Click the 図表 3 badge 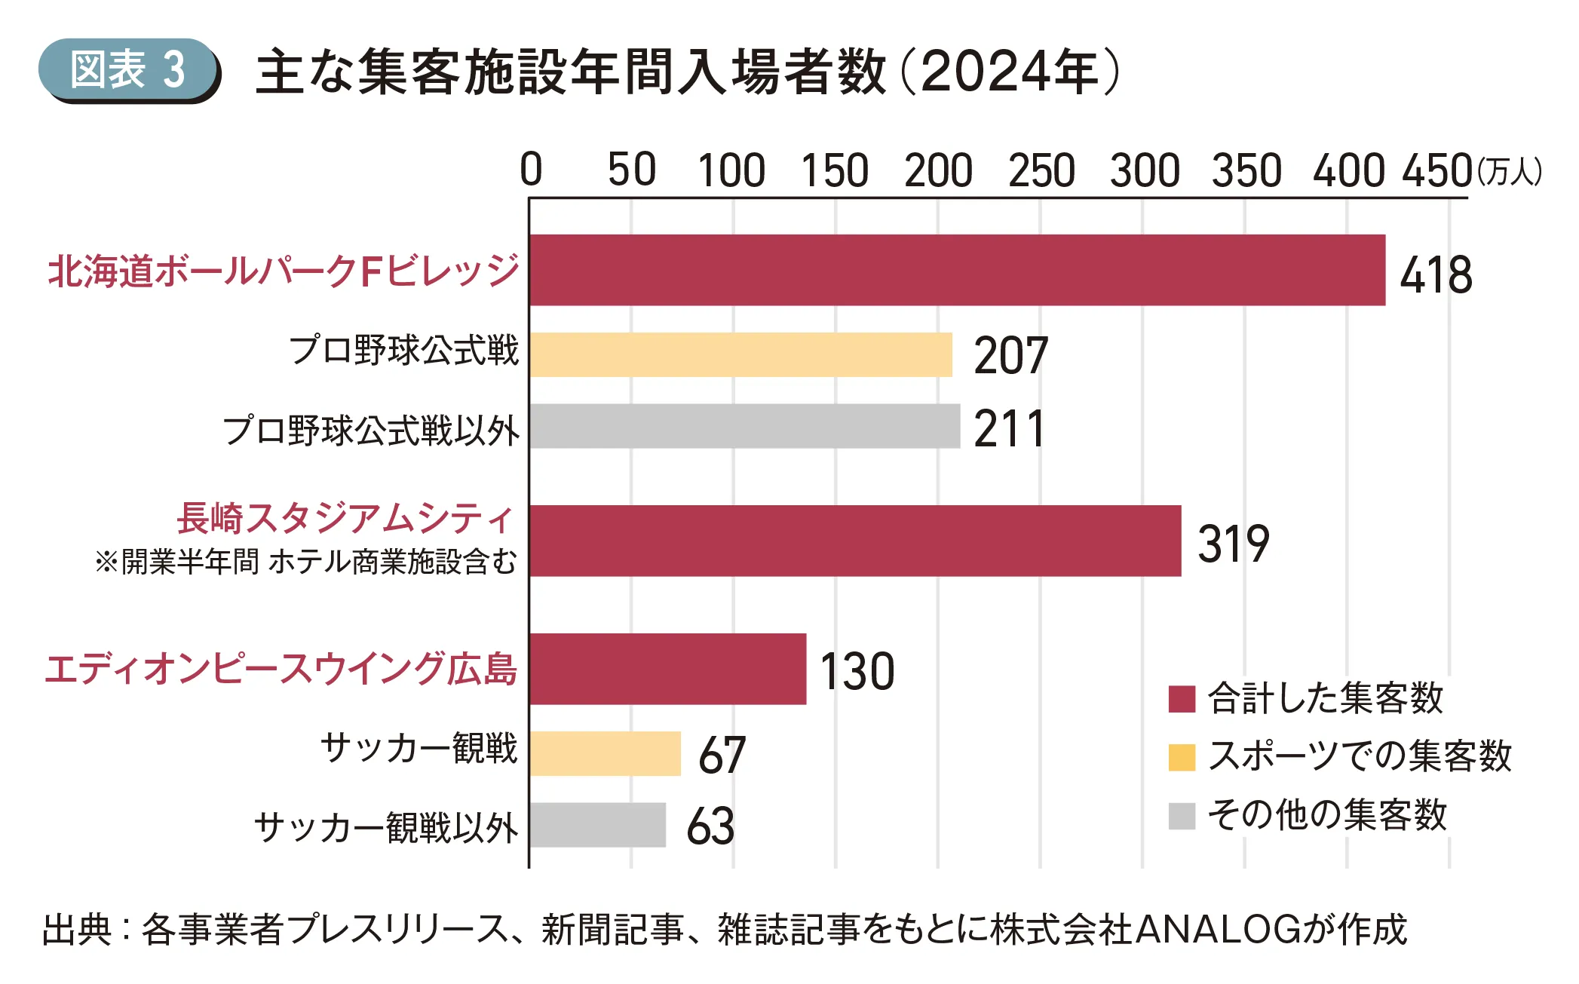[x=128, y=70]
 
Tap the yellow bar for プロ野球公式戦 [x=740, y=354]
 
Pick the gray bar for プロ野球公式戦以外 [x=744, y=426]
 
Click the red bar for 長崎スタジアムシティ [x=854, y=541]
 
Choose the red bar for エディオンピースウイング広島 [x=667, y=669]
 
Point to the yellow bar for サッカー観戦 [x=605, y=753]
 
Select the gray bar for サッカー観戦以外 [x=597, y=825]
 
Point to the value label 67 [x=722, y=755]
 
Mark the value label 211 [x=1009, y=429]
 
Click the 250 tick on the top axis [x=1041, y=170]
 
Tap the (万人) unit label [x=1510, y=172]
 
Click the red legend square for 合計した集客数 [x=1182, y=699]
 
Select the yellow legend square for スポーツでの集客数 [x=1182, y=757]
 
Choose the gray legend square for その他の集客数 [x=1182, y=816]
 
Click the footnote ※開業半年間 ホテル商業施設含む [x=305, y=562]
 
